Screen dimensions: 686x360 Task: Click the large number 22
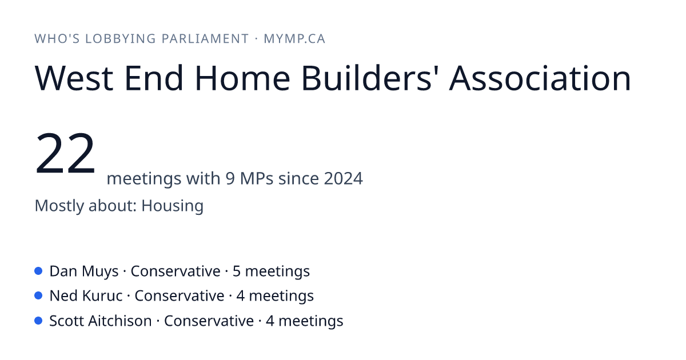point(65,153)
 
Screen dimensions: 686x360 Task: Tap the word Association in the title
point(540,78)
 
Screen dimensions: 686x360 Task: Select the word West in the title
point(74,78)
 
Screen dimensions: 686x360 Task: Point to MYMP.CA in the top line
point(294,39)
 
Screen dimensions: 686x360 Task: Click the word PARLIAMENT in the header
point(205,39)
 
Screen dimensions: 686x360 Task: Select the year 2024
point(344,178)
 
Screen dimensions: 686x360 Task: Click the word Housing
point(173,206)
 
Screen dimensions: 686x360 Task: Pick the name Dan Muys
point(84,271)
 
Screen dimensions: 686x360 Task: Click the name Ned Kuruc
point(86,296)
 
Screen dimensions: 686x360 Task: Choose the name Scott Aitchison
point(101,321)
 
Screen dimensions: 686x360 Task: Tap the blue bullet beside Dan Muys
point(38,271)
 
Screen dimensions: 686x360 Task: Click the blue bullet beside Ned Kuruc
point(38,296)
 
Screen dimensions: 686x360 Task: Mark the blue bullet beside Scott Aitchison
point(38,321)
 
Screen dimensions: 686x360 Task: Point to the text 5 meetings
point(271,271)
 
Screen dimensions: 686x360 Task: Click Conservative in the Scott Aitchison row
point(209,321)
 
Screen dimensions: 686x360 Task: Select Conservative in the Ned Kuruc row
point(180,296)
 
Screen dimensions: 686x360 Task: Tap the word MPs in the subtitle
point(257,178)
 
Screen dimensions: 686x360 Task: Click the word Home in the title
point(242,78)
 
